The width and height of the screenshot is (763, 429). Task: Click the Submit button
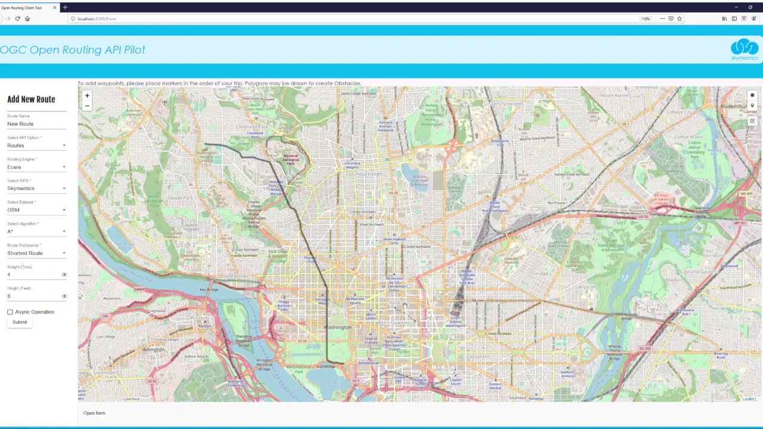point(20,322)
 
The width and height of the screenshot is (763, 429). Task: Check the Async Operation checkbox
point(10,312)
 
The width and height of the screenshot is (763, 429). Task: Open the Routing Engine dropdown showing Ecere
point(36,167)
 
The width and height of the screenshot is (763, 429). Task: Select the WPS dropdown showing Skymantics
point(36,189)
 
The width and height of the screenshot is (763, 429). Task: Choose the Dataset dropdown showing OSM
point(36,210)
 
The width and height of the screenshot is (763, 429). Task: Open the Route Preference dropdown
point(36,253)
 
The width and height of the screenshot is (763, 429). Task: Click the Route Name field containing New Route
point(36,124)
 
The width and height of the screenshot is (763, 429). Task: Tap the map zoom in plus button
point(87,96)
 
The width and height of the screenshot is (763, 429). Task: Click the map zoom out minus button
point(87,106)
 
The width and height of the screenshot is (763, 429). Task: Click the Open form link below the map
point(94,413)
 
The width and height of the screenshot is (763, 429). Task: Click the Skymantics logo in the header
point(745,49)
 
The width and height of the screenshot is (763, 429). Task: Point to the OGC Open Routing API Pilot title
point(73,50)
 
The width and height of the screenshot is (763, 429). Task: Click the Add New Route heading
point(31,100)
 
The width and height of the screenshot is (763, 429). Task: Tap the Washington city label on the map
point(337,328)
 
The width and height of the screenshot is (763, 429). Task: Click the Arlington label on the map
point(153,350)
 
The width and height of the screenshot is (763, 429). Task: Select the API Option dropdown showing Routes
point(36,146)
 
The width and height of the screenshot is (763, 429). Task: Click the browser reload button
point(18,18)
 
